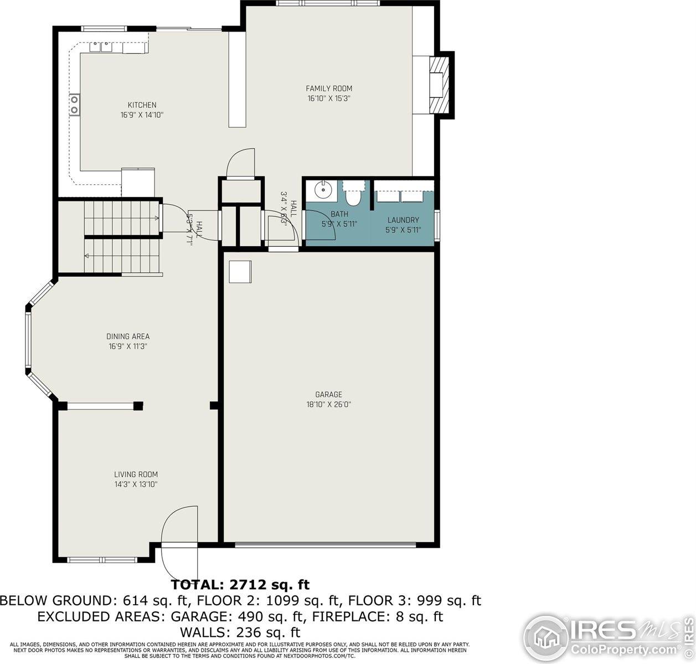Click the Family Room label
click(x=329, y=89)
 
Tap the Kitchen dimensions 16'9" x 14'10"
click(x=142, y=115)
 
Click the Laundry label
click(x=403, y=220)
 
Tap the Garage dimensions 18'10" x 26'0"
click(x=329, y=404)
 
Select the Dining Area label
click(x=128, y=336)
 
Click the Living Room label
click(x=136, y=474)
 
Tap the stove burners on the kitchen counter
click(x=74, y=105)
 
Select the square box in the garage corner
click(x=240, y=271)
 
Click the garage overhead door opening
click(x=326, y=545)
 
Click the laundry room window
click(x=437, y=225)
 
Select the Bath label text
click(x=339, y=214)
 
